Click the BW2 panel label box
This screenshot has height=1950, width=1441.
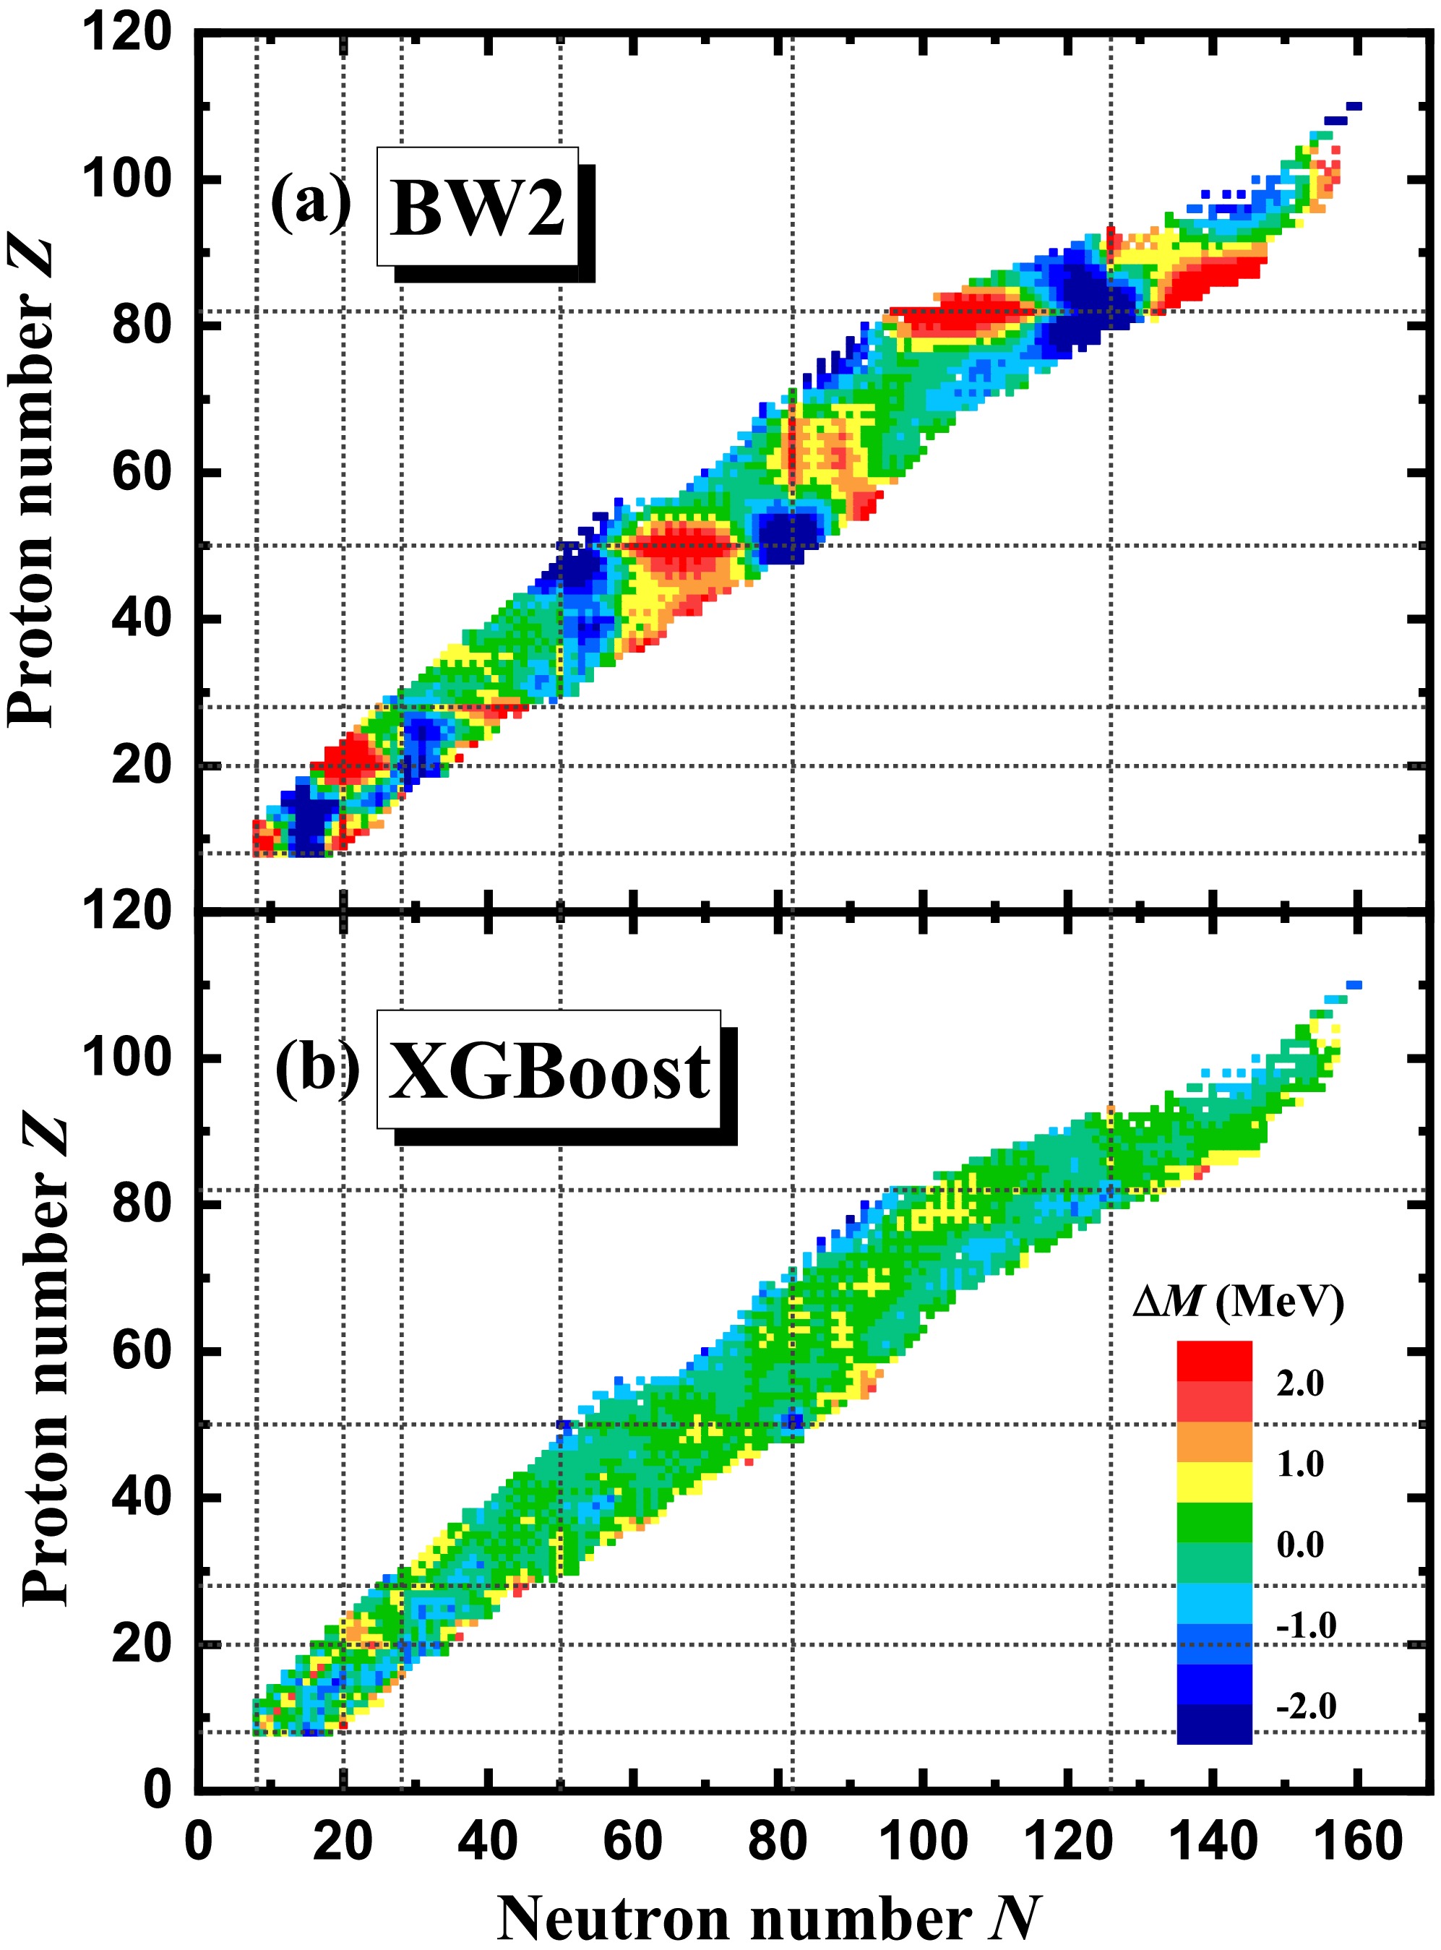[478, 207]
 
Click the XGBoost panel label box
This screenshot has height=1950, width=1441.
[549, 1070]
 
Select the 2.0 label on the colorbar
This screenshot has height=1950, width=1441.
[1299, 1383]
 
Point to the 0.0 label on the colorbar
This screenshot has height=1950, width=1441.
[1299, 1545]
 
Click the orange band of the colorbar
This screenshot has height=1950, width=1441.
[1213, 1442]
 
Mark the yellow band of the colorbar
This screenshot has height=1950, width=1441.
[1213, 1482]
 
